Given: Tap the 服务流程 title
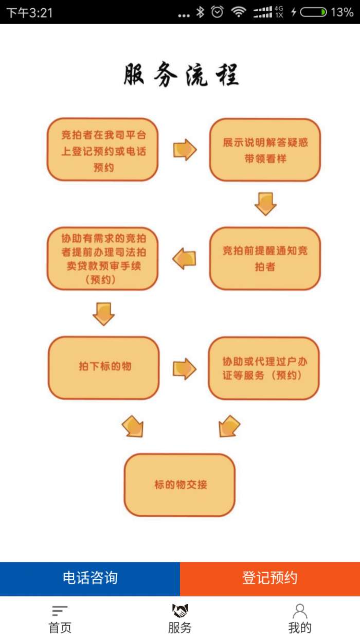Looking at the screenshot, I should click(x=181, y=75).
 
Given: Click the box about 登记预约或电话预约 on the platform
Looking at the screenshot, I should click(x=103, y=150).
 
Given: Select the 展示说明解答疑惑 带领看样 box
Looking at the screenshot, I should click(x=265, y=150).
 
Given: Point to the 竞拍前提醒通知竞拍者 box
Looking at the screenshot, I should click(x=265, y=258).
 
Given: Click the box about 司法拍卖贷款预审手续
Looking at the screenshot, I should click(x=103, y=258).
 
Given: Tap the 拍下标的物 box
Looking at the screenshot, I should click(x=104, y=367).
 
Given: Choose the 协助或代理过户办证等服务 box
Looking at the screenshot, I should click(x=264, y=368).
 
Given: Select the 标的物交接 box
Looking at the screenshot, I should click(x=179, y=485).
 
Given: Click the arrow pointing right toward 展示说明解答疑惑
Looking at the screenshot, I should click(x=185, y=150).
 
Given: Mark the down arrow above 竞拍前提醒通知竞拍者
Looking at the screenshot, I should click(x=265, y=204).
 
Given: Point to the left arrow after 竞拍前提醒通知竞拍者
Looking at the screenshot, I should click(x=184, y=258).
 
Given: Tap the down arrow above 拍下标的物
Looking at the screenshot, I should click(x=103, y=313).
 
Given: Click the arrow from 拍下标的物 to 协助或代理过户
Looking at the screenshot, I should click(x=184, y=368).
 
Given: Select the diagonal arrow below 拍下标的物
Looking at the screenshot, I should click(x=133, y=426).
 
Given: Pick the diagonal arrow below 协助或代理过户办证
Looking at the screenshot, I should click(x=229, y=426).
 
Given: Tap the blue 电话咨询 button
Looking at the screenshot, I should click(x=90, y=578).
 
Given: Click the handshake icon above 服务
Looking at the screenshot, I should click(x=180, y=611).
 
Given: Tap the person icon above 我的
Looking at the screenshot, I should click(x=300, y=611).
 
